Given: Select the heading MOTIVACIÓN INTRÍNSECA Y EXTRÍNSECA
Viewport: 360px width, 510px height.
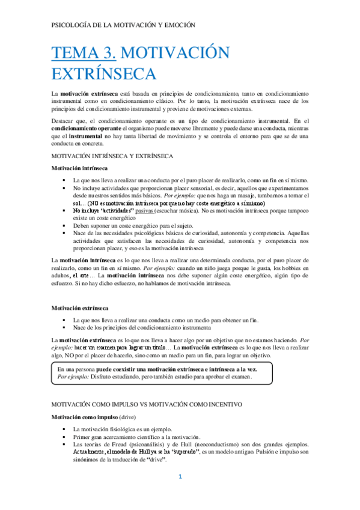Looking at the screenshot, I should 113,156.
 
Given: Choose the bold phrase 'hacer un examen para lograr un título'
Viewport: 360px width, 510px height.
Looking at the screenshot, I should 116,348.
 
